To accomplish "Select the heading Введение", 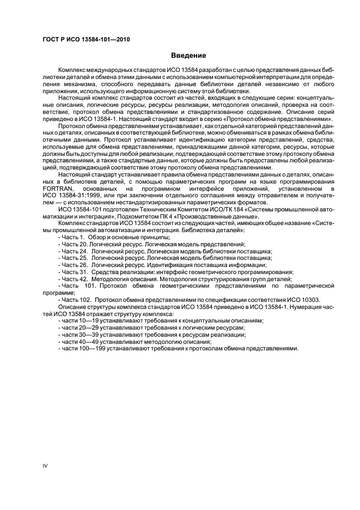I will coord(188,56).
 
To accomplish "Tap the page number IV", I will coord(46,465).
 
